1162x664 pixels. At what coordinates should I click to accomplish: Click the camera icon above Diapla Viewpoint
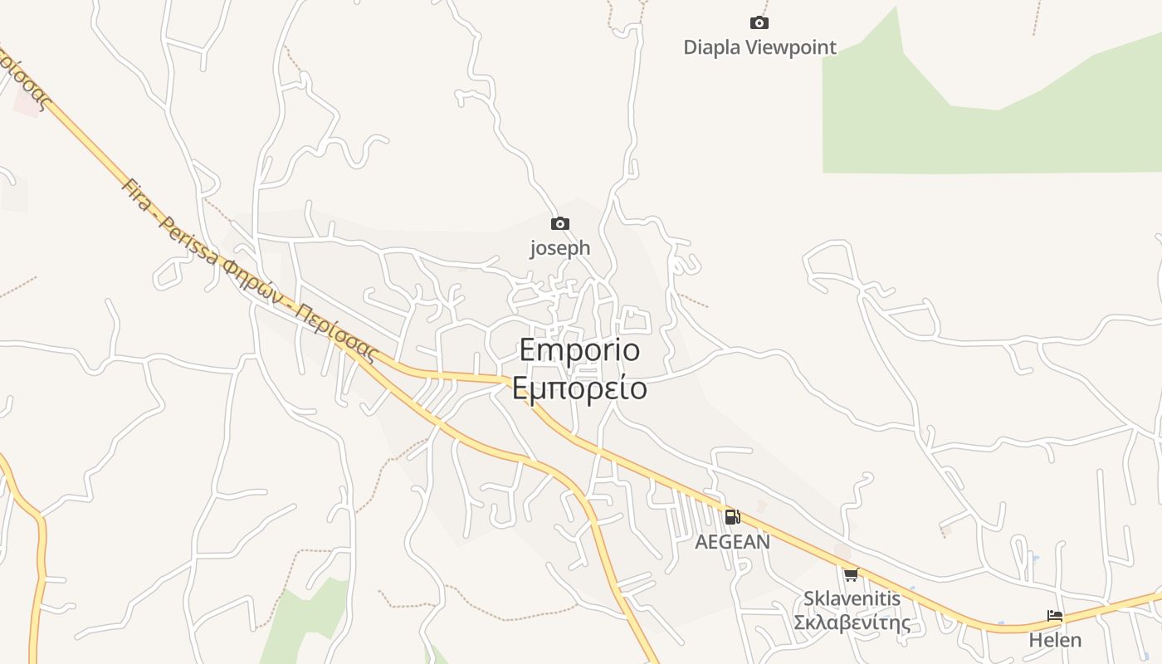pos(759,23)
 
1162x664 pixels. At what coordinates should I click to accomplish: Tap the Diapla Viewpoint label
pos(759,47)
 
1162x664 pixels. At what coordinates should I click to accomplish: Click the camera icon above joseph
pos(560,223)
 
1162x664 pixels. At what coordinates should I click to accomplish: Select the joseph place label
pos(560,247)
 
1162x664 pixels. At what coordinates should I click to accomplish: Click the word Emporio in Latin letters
pos(579,349)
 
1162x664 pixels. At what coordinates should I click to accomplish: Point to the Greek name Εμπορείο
pos(579,388)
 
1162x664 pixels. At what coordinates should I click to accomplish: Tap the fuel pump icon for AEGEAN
pos(732,517)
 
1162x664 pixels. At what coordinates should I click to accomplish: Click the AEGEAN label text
pos(732,542)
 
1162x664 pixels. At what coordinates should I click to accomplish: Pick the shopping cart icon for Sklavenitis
pos(851,574)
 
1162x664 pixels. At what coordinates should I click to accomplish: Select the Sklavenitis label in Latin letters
pos(852,598)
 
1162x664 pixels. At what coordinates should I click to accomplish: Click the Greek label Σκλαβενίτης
pos(852,622)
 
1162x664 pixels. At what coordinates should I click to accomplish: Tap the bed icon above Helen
pos(1055,616)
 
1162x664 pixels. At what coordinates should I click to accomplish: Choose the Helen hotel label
pos(1055,640)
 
